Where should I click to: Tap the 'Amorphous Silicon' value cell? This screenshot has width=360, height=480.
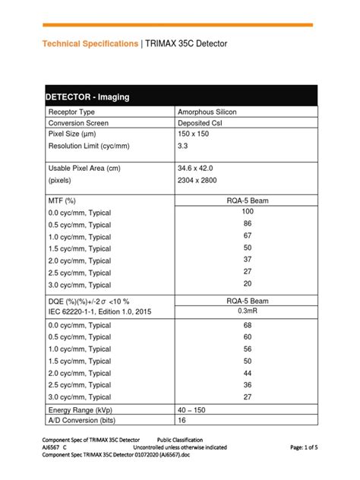tap(207, 112)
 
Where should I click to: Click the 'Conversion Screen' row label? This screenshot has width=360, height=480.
tap(78, 123)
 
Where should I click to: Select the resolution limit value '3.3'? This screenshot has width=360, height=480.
tap(183, 146)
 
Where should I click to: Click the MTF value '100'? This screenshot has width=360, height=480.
tap(248, 211)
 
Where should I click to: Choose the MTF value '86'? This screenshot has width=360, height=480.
tap(248, 224)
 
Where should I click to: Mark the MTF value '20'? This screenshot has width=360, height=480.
tap(248, 283)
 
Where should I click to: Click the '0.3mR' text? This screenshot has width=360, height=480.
tap(248, 311)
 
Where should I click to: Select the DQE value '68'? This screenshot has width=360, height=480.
tap(248, 326)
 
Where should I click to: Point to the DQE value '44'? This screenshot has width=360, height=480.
tap(248, 373)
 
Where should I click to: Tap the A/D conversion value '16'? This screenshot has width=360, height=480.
tap(182, 421)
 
